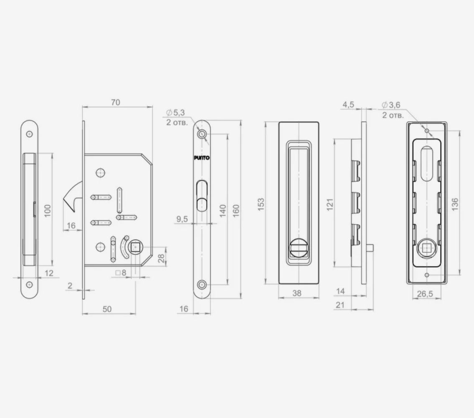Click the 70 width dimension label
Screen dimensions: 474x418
115,102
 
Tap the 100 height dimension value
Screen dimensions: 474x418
48,211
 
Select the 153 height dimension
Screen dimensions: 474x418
261,204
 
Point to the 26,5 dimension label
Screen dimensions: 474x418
425,293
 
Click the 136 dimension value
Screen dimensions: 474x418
454,204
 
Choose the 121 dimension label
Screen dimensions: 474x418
330,204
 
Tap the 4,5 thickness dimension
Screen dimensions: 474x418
348,104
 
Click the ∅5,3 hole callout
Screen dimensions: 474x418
175,113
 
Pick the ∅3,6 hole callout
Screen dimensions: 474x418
391,105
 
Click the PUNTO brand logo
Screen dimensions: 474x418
201,158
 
